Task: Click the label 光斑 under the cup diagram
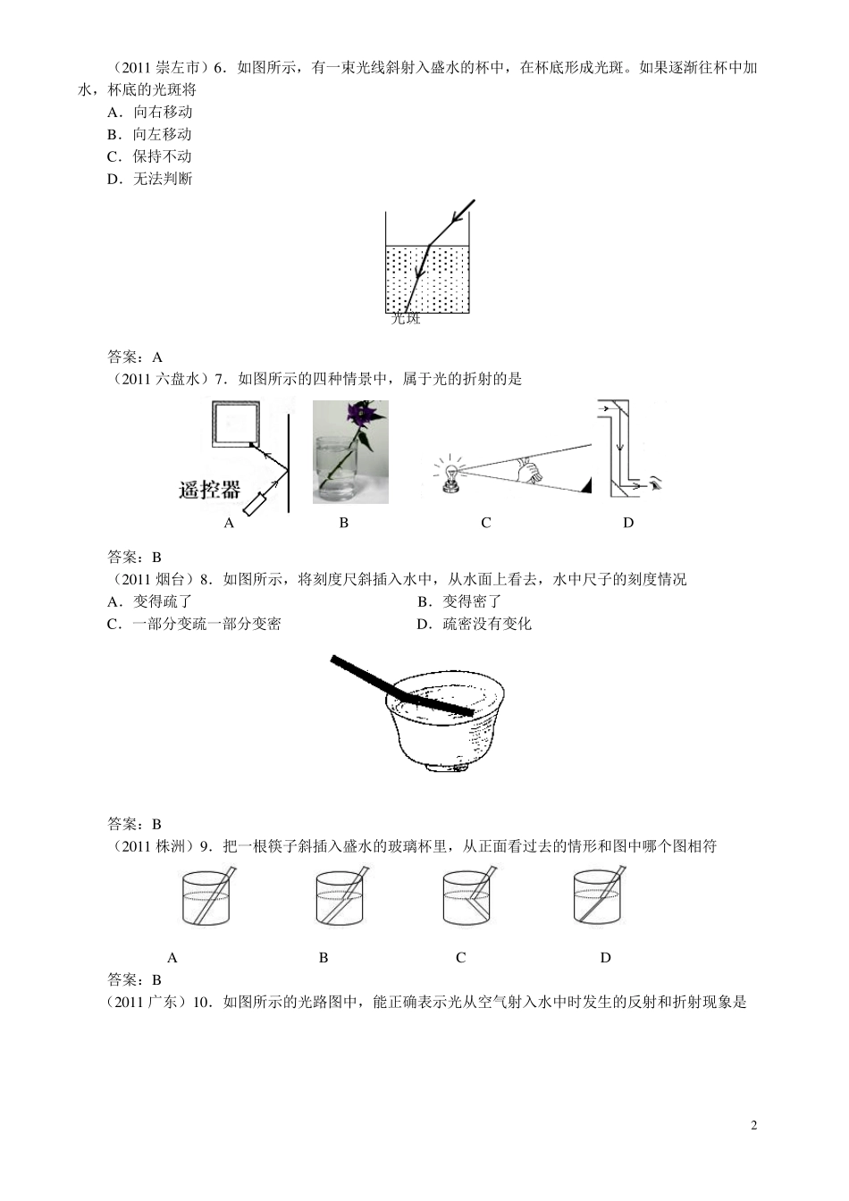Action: [x=406, y=319]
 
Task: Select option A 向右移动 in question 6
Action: [x=150, y=112]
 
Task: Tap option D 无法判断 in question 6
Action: [x=150, y=179]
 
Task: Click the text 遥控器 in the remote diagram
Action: [x=210, y=489]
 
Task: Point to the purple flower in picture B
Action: [x=363, y=415]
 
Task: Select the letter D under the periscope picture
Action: [x=628, y=523]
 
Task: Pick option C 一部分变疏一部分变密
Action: [x=194, y=624]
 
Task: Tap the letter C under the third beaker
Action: [x=461, y=958]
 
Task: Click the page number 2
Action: [x=753, y=1125]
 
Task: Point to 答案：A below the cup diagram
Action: [x=135, y=357]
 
